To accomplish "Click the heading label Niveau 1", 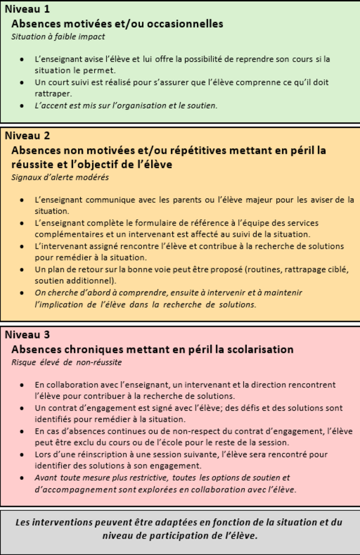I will coord(27,9).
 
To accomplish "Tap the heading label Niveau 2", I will coord(27,136).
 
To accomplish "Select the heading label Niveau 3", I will coord(27,335).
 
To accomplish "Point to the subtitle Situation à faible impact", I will coord(58,37).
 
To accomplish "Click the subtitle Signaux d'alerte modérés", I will coord(60,177).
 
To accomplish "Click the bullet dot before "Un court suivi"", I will coord(22,83).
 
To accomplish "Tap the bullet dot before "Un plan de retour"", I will coord(22,270).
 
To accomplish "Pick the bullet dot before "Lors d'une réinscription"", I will coord(22,454).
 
